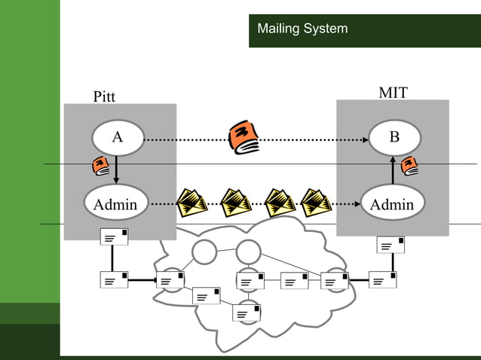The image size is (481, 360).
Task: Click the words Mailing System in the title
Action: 302,29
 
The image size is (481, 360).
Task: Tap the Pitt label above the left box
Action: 105,96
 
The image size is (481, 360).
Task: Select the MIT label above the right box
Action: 393,93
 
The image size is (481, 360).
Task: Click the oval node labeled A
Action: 118,138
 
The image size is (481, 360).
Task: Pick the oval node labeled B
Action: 394,138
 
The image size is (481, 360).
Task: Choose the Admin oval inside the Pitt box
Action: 115,203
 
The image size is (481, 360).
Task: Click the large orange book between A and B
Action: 244,136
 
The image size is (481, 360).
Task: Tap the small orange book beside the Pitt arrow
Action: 100,166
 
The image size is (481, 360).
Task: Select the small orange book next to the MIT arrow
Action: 410,165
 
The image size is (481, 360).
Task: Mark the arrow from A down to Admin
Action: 116,169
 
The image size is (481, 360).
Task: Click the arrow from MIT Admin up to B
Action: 393,169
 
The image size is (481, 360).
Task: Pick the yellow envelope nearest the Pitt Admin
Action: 192,202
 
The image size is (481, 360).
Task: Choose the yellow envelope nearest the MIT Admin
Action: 316,202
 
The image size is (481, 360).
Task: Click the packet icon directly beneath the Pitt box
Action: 114,236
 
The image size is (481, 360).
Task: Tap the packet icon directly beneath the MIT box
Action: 391,245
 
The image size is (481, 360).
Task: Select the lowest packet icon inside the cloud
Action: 247,313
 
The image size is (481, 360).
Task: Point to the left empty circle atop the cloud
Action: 204,252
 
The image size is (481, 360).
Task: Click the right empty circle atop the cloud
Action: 248,251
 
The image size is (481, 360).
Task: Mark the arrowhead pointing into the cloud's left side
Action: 151,281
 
